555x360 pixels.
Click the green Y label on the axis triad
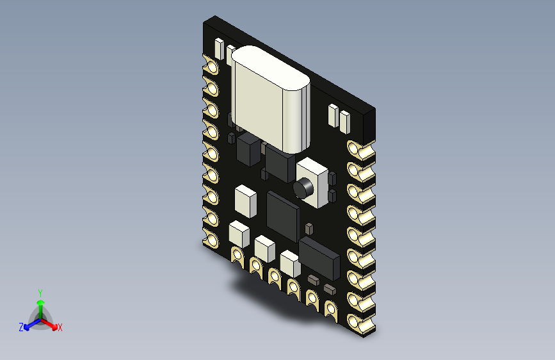point(40,291)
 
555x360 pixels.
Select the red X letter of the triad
point(60,328)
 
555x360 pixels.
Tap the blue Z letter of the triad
point(21,327)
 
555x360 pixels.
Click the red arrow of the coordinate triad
point(51,323)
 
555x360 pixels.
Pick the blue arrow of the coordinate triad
point(29,323)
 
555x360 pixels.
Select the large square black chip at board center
point(282,217)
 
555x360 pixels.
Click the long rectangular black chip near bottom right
point(319,256)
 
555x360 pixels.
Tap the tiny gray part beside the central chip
point(309,227)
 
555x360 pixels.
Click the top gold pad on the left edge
point(210,65)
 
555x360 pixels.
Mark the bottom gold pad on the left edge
point(210,241)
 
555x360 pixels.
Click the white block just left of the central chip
point(246,200)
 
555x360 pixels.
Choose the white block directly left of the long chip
point(290,262)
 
